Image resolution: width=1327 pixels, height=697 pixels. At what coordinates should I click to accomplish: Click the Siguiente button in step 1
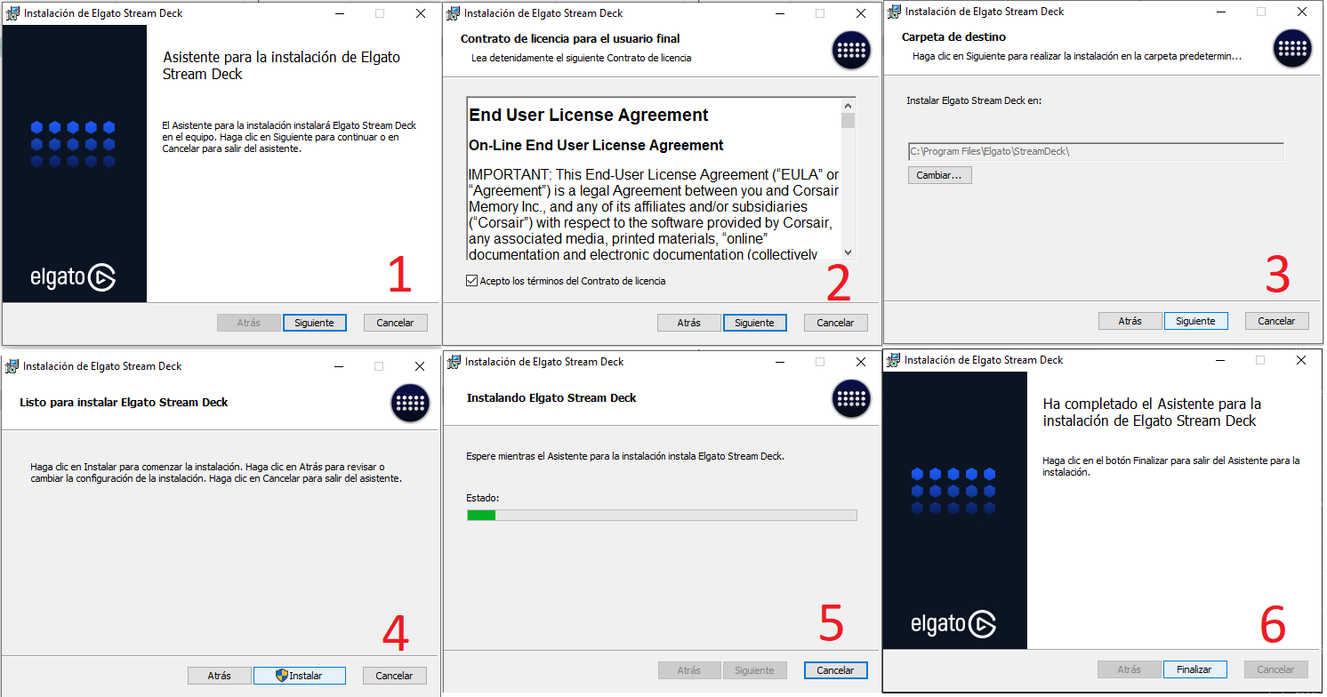(x=315, y=323)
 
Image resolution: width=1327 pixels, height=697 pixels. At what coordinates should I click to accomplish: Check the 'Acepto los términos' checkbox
(x=471, y=281)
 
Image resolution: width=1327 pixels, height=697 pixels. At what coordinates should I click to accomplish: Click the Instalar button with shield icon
(x=299, y=676)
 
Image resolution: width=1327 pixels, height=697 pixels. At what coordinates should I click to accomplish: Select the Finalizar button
(x=1194, y=669)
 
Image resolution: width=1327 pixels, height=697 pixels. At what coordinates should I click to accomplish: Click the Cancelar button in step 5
(x=835, y=670)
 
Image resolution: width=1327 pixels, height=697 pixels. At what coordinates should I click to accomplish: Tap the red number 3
(x=1277, y=275)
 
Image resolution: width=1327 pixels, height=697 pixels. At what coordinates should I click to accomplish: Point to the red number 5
(x=831, y=623)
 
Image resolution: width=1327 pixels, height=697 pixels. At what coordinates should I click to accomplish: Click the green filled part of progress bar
(x=481, y=516)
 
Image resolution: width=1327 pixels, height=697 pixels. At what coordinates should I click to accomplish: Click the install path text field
(x=1096, y=152)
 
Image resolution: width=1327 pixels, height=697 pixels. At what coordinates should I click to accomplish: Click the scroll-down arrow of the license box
(x=848, y=252)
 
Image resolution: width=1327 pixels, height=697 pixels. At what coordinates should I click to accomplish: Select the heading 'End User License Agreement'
(x=588, y=115)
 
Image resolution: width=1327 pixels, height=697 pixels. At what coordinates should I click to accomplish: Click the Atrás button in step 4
(x=219, y=676)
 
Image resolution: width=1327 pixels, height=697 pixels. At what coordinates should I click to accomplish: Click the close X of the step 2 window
(x=861, y=13)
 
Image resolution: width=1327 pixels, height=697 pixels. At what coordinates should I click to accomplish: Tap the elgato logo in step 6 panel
(x=953, y=623)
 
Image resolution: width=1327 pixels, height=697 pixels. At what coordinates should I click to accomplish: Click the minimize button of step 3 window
(x=1221, y=12)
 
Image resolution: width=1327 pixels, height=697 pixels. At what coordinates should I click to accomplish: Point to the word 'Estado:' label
(x=482, y=498)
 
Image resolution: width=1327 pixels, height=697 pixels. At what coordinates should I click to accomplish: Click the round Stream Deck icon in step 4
(x=410, y=404)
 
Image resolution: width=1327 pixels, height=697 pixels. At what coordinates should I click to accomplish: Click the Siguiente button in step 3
(x=1196, y=321)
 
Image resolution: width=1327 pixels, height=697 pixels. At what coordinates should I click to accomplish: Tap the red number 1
(x=400, y=274)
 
